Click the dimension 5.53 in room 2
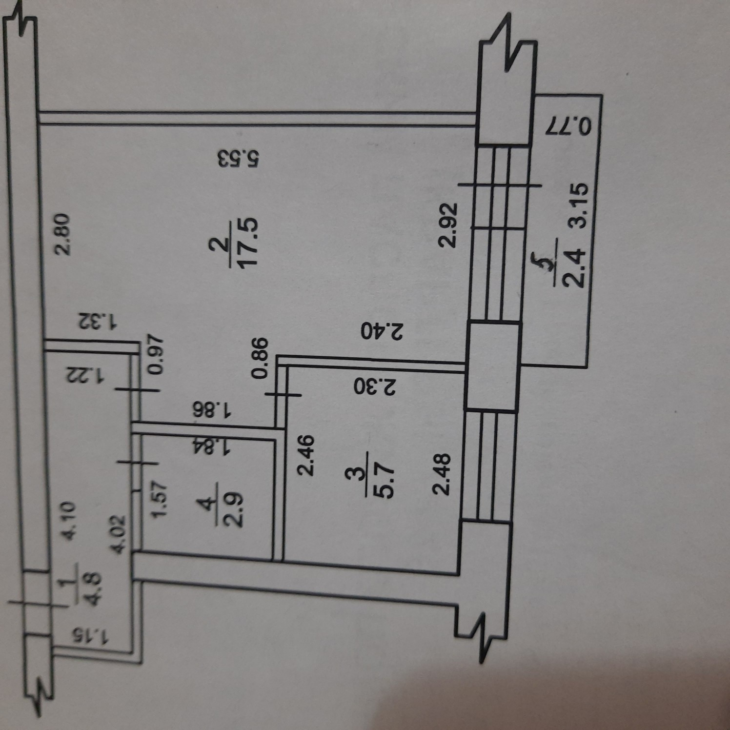click(x=241, y=159)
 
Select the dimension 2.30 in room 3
click(x=375, y=387)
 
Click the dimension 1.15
click(x=91, y=635)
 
